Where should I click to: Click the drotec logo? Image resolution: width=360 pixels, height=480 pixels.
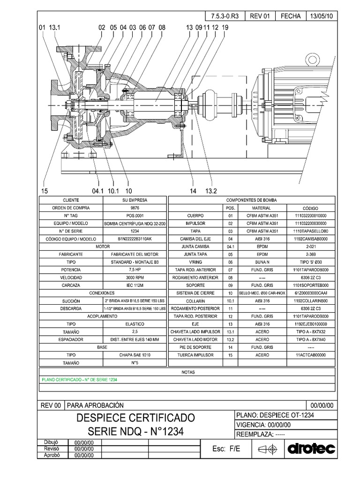coord(311,449)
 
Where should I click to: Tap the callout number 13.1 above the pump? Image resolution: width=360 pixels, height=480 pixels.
coord(55,28)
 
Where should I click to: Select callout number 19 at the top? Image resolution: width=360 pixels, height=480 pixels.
coord(225,28)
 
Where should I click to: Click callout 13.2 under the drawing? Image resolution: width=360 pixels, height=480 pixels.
coord(211,191)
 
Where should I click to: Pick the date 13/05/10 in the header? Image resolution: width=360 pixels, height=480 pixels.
coord(321,15)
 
